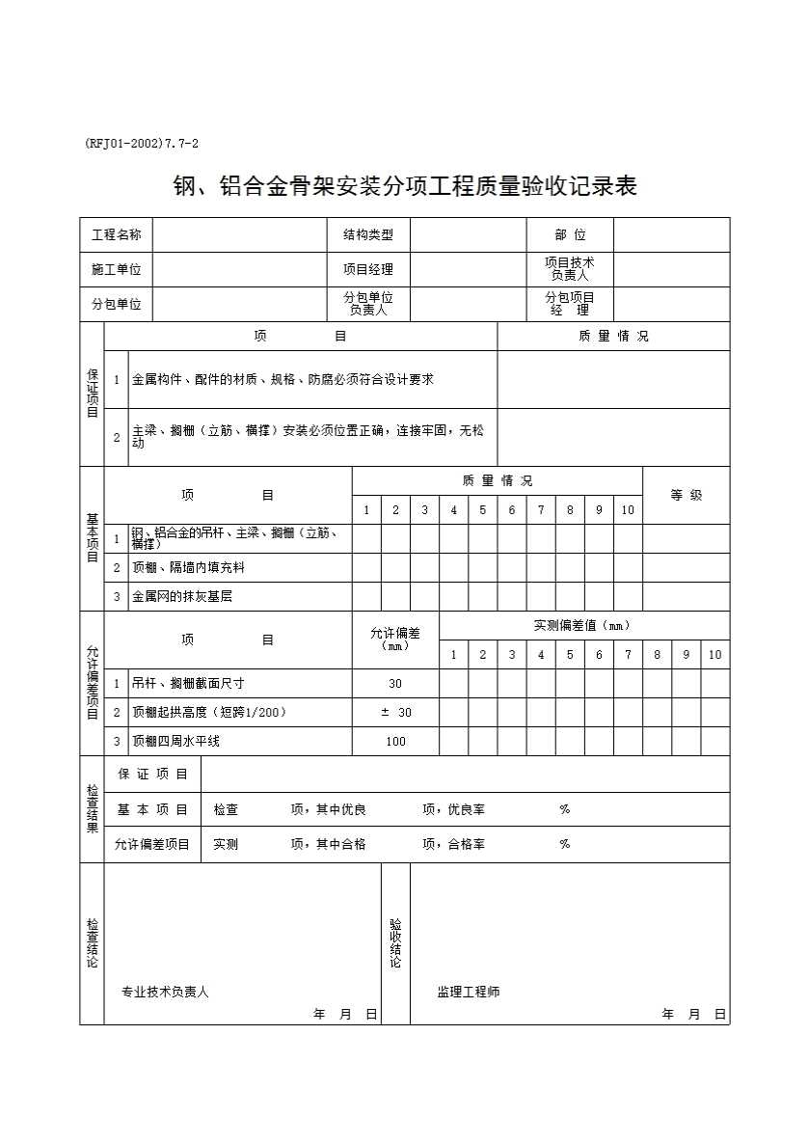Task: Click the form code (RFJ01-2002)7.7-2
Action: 142,144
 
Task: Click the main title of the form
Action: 404,185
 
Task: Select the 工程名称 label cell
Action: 116,235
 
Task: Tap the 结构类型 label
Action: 368,235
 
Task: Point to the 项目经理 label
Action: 368,270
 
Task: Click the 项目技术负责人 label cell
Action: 569,269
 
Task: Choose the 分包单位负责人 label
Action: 368,304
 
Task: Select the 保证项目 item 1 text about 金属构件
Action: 283,380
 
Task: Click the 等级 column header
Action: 687,495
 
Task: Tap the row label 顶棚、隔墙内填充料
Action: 188,568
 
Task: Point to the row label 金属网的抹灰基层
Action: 182,597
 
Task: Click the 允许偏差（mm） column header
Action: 395,639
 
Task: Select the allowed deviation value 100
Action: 395,742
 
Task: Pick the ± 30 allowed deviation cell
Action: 395,713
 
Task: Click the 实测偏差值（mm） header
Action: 582,625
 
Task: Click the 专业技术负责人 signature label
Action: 165,992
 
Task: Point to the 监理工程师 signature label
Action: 469,992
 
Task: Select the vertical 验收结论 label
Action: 395,943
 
